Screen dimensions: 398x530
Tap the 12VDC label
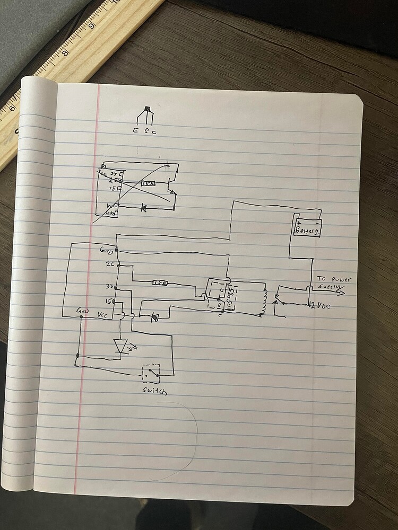tap(320, 305)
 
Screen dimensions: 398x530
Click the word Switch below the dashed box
tap(153, 392)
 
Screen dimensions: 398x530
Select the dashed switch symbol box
tap(151, 374)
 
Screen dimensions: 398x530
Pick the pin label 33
tap(110, 287)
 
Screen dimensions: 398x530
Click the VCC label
tap(103, 314)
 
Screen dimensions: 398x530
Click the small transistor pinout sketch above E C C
tap(145, 116)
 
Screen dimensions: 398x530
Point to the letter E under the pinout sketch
tap(135, 130)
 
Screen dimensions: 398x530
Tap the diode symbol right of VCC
tap(154, 317)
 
